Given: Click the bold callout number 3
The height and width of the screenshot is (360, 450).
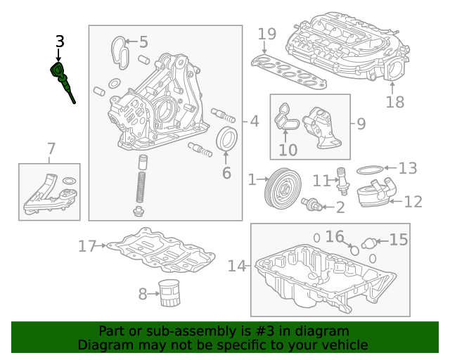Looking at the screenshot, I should point(59,42).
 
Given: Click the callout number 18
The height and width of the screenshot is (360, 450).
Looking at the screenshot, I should point(395,102).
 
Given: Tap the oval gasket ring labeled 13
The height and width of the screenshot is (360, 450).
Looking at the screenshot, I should point(371,169).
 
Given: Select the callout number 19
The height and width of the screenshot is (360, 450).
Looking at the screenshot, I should point(266,34).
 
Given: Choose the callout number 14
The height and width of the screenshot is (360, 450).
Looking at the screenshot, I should point(238,266).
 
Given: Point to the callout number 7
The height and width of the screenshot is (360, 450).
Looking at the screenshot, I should point(51,148).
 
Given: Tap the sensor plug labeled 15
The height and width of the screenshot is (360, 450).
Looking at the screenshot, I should point(368,243).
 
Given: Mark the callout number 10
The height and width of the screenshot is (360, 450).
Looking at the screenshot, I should point(288,149).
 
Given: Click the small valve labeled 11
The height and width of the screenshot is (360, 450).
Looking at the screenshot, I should point(343,180).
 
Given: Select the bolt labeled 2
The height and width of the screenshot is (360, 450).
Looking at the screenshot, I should point(311,205).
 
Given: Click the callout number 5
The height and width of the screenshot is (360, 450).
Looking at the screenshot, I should point(143,42).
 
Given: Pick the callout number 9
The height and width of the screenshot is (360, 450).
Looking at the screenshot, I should point(361,124).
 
